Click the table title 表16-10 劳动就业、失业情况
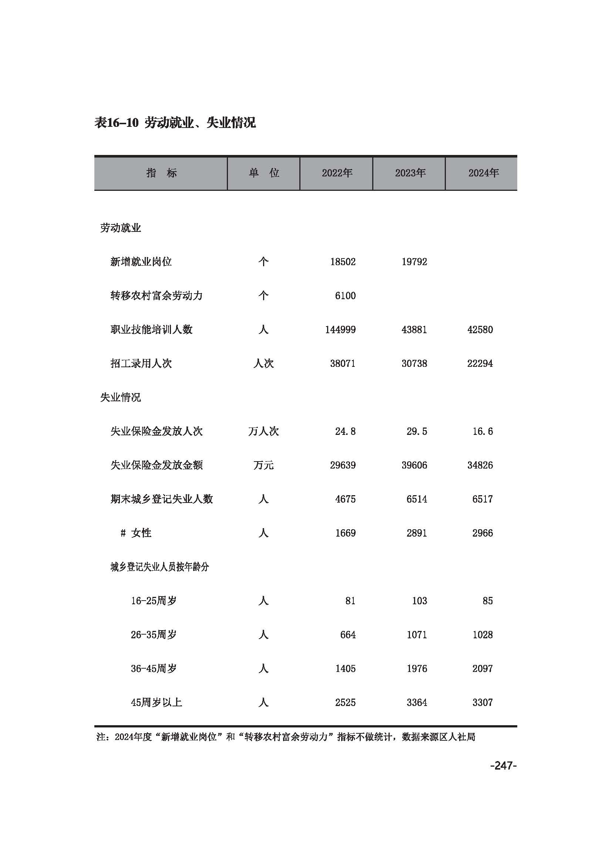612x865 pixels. (175, 122)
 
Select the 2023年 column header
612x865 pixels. (410, 173)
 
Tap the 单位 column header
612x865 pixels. (263, 173)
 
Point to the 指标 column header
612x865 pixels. (161, 173)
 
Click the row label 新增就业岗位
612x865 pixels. (141, 261)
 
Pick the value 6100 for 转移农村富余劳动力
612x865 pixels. (345, 295)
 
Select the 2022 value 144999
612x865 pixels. (340, 330)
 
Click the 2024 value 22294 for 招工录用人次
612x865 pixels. (480, 364)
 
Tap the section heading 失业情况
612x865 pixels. (121, 397)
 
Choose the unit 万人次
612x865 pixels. (263, 431)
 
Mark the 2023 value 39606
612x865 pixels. (414, 465)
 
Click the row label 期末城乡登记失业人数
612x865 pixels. (162, 499)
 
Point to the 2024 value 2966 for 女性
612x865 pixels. (482, 533)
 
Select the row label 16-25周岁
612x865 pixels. (154, 601)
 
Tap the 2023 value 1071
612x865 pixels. (417, 635)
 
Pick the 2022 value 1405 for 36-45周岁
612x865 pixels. (345, 669)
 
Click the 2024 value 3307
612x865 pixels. (482, 703)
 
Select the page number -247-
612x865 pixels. (504, 766)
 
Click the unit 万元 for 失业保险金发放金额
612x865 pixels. (263, 465)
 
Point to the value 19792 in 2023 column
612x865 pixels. (414, 261)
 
